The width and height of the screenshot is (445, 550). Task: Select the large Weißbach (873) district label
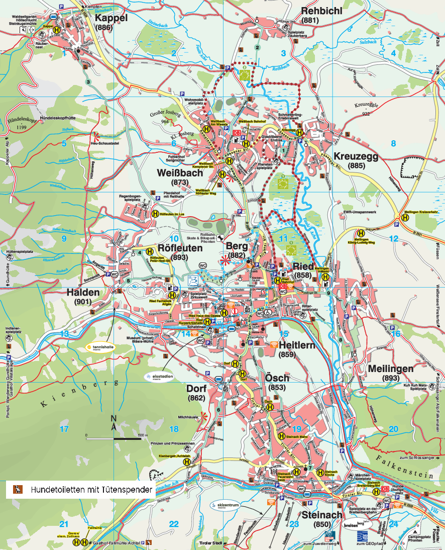(x=179, y=177)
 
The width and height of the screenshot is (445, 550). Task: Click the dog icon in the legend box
(x=18, y=489)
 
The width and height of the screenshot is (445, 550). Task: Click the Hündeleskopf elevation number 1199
(x=22, y=128)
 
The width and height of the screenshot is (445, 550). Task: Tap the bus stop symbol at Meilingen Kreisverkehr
(x=398, y=217)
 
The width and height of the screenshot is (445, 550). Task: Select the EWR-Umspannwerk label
(x=360, y=212)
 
